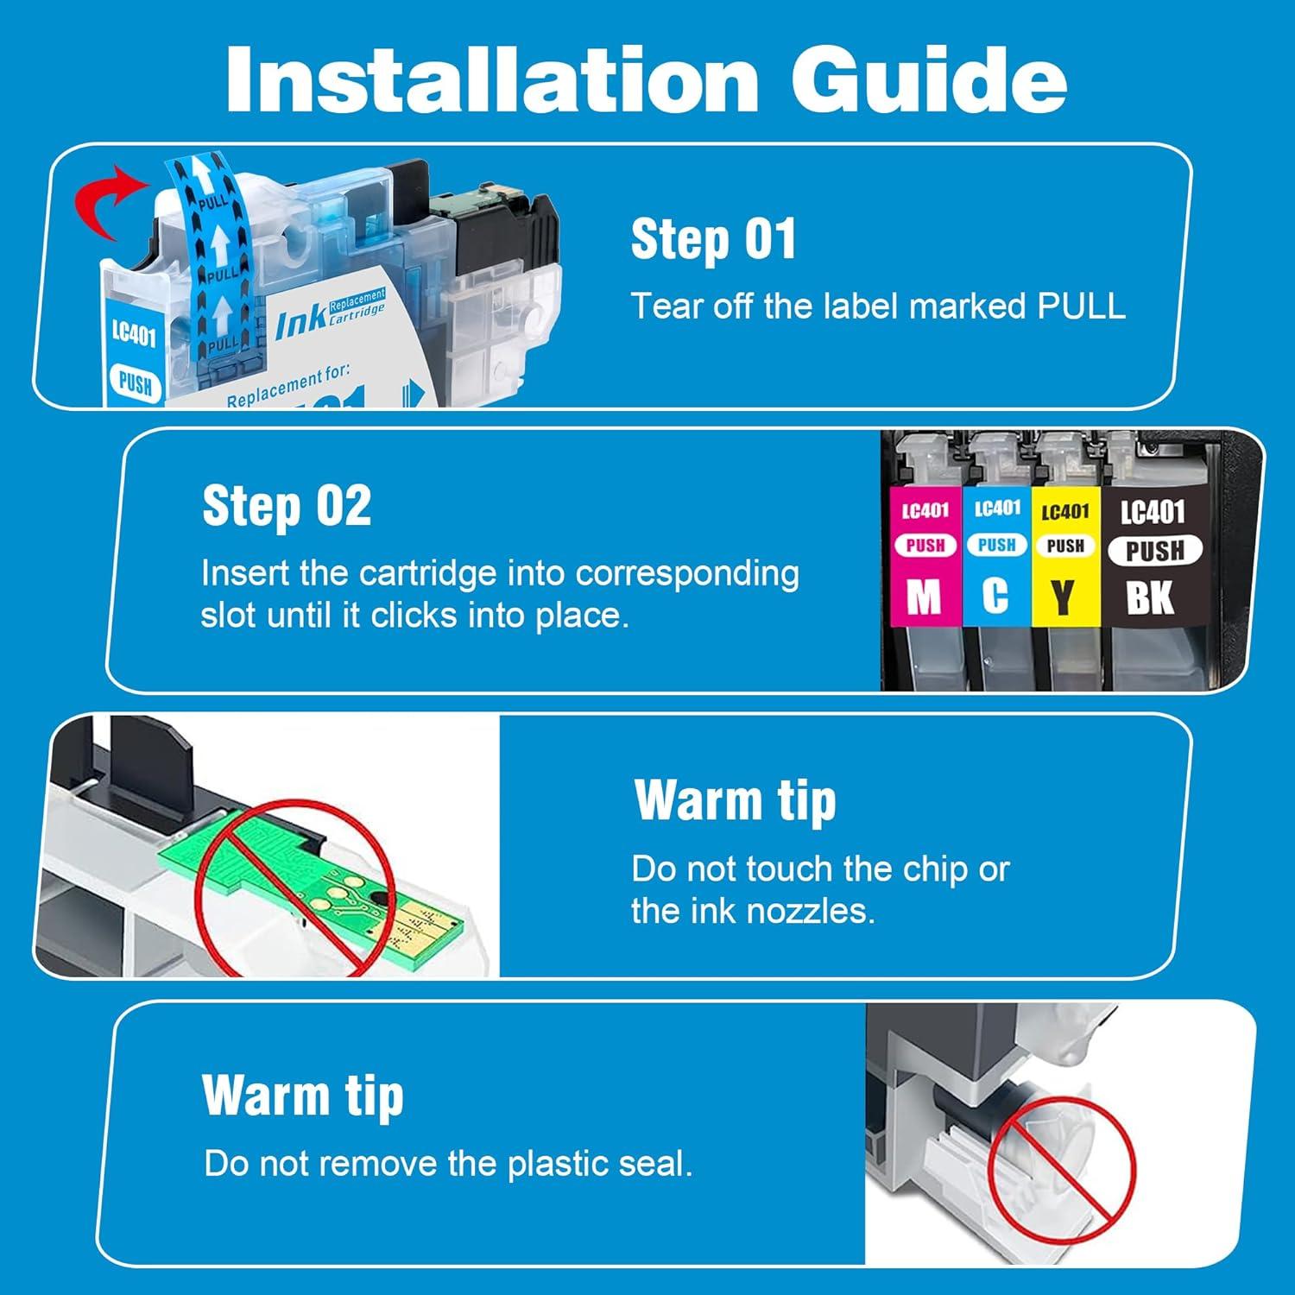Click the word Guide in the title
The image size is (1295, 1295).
pyautogui.click(x=928, y=79)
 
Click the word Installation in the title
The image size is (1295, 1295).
pyautogui.click(x=491, y=79)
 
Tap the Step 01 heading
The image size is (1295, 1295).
pyautogui.click(x=713, y=239)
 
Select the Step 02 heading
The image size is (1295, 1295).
pyautogui.click(x=287, y=506)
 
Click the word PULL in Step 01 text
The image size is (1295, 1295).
pyautogui.click(x=1081, y=306)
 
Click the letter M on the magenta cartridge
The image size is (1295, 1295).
pyautogui.click(x=924, y=596)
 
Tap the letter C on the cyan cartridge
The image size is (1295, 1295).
pyautogui.click(x=995, y=595)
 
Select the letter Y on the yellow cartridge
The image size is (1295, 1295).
pyautogui.click(x=1064, y=597)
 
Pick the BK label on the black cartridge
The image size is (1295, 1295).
pyautogui.click(x=1150, y=597)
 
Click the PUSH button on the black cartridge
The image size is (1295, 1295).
pyautogui.click(x=1154, y=550)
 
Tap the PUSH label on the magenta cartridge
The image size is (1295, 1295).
pyautogui.click(x=925, y=546)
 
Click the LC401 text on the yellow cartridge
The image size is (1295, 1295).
pyautogui.click(x=1064, y=512)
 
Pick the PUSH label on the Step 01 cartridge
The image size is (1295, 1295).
pyautogui.click(x=135, y=382)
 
